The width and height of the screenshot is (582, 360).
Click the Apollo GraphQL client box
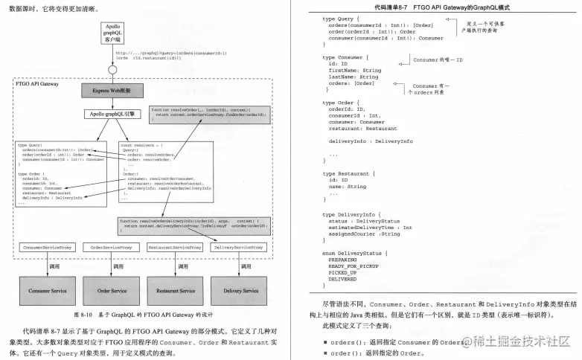tap(111, 33)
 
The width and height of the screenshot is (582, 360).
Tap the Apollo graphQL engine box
tap(111, 114)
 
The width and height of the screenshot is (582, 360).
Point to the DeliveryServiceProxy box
tap(238, 247)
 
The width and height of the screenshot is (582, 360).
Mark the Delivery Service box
tap(238, 290)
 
